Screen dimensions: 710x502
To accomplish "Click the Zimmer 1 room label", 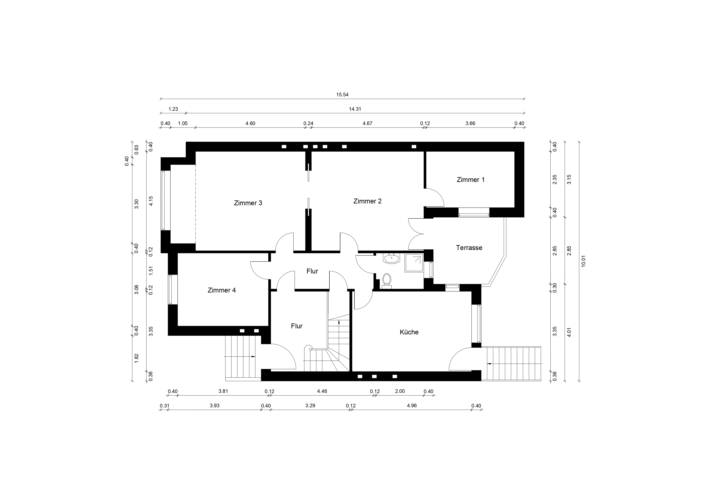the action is point(471,180).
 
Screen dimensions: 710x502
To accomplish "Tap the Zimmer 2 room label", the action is point(367,201).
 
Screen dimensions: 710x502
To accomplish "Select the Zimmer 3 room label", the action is point(248,203).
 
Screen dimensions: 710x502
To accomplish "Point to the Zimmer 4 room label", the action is point(222,290).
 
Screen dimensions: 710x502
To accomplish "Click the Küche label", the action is point(409,332).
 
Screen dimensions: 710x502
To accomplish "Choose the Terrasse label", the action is point(469,248).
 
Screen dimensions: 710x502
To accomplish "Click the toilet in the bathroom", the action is point(386,281).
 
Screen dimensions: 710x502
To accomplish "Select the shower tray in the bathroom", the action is point(414,263).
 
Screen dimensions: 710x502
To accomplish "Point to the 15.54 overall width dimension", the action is point(342,95).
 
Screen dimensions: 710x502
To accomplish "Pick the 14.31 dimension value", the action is point(355,109).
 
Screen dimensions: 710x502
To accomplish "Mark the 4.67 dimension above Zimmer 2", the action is point(367,123).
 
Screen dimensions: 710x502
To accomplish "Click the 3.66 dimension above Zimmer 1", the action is point(470,123).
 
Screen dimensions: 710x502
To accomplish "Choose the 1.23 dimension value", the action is point(173,109).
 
